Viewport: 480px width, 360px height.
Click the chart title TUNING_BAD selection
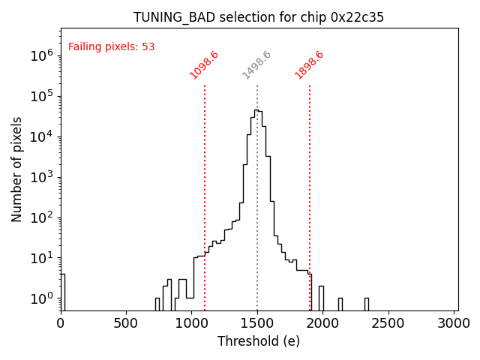pyautogui.click(x=259, y=17)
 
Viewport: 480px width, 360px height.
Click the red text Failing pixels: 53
pyautogui.click(x=111, y=46)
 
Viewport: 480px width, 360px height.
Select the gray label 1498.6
pyautogui.click(x=256, y=64)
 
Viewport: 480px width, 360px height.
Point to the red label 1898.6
pyautogui.click(x=309, y=64)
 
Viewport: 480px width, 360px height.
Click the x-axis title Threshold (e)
pyautogui.click(x=259, y=341)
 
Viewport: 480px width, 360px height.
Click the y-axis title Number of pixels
pyautogui.click(x=17, y=169)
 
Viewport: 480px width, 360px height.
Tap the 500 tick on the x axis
pyautogui.click(x=126, y=323)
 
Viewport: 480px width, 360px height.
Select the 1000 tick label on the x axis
pyautogui.click(x=191, y=323)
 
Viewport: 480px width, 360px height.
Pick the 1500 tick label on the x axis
pyautogui.click(x=257, y=323)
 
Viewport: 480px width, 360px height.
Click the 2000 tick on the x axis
pyautogui.click(x=322, y=323)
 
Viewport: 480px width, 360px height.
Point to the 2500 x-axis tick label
pyautogui.click(x=388, y=323)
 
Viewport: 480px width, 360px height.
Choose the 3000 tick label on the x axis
pyautogui.click(x=454, y=323)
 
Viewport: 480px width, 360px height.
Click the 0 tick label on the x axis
pyautogui.click(x=61, y=323)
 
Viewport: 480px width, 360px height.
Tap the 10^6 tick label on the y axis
pyautogui.click(x=42, y=55)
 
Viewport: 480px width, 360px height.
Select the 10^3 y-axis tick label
pyautogui.click(x=42, y=177)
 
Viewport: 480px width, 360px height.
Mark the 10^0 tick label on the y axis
pyautogui.click(x=42, y=298)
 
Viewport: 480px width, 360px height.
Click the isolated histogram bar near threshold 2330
pyautogui.click(x=366, y=304)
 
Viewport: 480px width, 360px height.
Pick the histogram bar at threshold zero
pyautogui.click(x=62, y=292)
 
